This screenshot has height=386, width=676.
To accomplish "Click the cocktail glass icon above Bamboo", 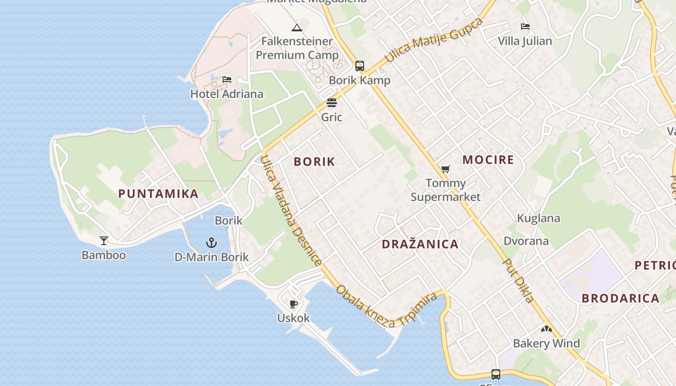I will tap(104, 240).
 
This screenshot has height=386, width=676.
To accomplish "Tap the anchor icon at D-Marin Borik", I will tap(211, 242).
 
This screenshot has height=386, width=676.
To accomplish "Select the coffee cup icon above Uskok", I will tap(293, 304).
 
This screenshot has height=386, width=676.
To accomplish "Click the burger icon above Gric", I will tap(331, 103).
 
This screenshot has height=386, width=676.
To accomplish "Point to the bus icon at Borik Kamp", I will tap(360, 66).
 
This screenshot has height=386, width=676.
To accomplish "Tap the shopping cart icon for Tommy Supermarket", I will tap(445, 169).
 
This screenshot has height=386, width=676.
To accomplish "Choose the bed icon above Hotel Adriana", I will tap(227, 80).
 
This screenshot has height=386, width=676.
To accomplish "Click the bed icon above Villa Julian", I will tap(525, 27).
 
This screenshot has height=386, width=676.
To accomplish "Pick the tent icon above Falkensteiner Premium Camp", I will tap(297, 28).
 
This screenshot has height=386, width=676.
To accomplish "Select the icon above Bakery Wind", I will tap(546, 330).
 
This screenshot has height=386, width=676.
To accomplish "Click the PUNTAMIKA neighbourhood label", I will tap(158, 194).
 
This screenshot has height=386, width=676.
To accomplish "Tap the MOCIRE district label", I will tap(488, 160).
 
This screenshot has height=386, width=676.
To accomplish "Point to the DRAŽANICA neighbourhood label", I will tap(420, 244).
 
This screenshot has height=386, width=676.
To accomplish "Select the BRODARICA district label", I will tap(620, 298).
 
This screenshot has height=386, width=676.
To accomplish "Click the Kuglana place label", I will tap(538, 218).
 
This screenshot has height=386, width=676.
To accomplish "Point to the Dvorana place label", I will tap(526, 241).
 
